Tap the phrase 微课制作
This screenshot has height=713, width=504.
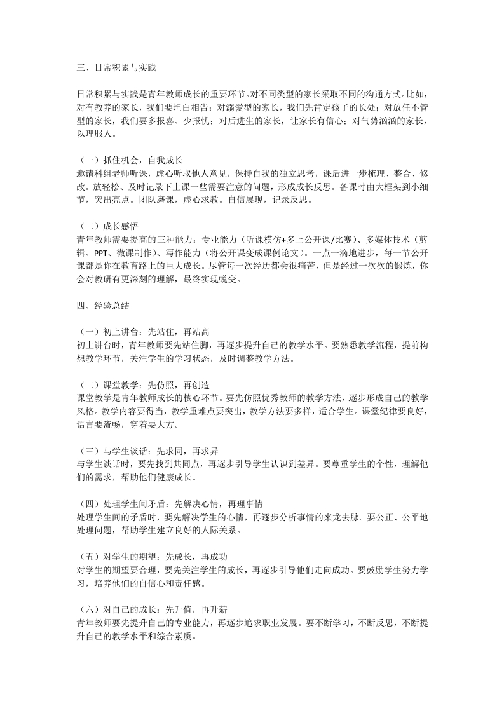pyautogui.click(x=130, y=252)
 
